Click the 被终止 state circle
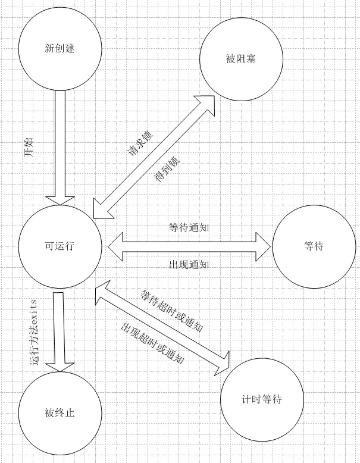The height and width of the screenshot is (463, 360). click(59, 412)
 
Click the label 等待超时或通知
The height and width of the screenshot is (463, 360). click(172, 310)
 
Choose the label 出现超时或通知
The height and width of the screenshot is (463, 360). click(151, 343)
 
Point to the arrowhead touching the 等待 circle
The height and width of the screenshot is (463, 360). click(265, 246)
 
